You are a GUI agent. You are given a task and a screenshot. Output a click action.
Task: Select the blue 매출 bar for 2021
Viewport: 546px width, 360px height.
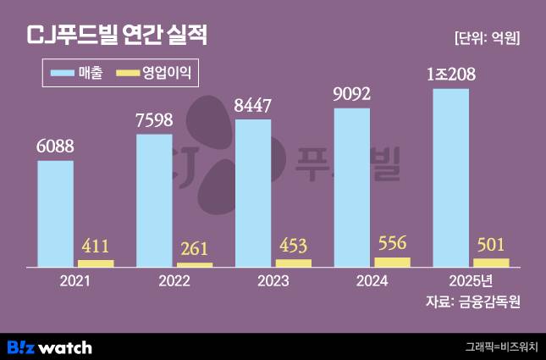coord(55,213)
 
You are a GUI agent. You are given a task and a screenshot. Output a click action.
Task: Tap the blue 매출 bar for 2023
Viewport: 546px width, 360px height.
coord(253,193)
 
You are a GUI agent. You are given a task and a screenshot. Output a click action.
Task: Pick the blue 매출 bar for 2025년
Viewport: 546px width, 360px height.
coord(450,178)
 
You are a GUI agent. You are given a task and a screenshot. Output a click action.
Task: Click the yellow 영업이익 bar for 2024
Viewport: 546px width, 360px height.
coord(392,263)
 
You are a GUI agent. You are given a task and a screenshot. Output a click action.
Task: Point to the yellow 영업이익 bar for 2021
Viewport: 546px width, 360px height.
coord(96,263)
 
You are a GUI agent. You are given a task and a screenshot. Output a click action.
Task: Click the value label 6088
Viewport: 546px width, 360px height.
coord(55,146)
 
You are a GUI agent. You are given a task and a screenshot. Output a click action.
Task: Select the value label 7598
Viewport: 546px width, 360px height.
coord(154,119)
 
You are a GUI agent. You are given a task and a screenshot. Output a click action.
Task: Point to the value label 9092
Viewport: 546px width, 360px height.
coord(352,94)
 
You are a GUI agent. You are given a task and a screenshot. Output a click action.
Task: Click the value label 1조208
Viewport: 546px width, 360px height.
coord(451,75)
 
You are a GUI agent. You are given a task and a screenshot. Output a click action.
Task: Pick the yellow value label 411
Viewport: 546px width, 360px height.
coord(96,247)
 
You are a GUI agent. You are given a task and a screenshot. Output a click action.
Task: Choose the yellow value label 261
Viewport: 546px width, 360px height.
coord(195,251)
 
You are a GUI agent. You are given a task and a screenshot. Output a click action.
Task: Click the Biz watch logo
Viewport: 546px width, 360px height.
coord(49,347)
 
